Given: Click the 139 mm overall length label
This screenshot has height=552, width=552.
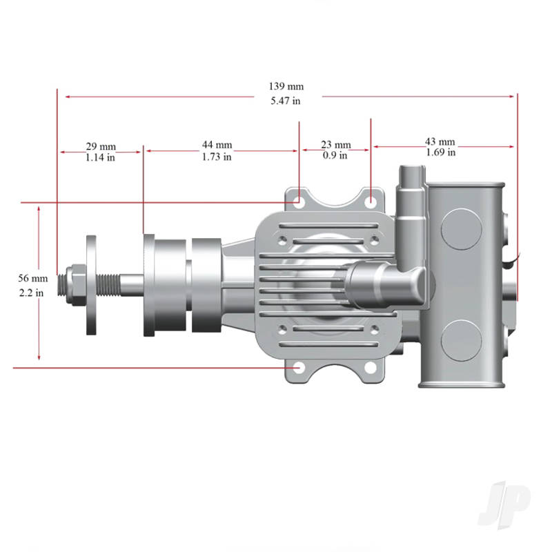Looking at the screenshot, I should (x=286, y=87).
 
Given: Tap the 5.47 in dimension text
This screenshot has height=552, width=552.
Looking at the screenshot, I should (x=286, y=101).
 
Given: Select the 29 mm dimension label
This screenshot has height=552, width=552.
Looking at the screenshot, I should (x=101, y=146).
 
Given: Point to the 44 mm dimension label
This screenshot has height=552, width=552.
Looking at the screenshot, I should (x=217, y=146).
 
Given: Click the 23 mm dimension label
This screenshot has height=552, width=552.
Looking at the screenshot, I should (x=335, y=145).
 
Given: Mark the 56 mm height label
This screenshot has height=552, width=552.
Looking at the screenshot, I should (x=32, y=278).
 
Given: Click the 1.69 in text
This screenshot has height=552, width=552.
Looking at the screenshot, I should (x=440, y=152).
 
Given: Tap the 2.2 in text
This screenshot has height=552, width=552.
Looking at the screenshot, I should (x=32, y=292).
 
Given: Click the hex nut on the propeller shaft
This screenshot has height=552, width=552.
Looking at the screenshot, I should (x=72, y=283).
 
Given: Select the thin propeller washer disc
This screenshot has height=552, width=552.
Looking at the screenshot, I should (x=92, y=284).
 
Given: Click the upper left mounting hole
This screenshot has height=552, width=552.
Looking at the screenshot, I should (x=298, y=201).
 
